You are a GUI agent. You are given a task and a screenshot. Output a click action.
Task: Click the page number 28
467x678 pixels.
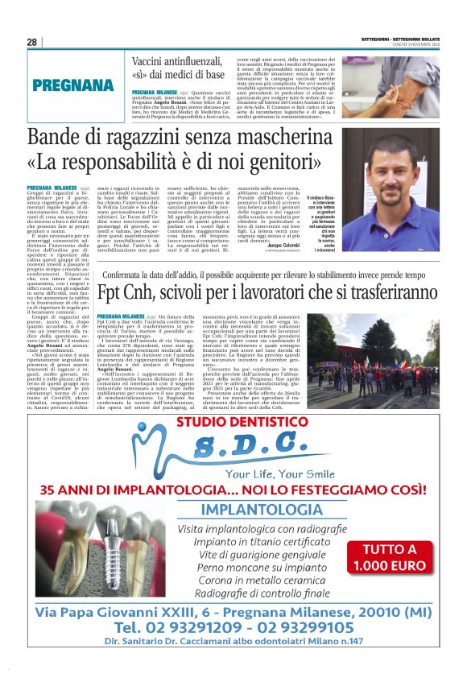click(31, 42)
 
